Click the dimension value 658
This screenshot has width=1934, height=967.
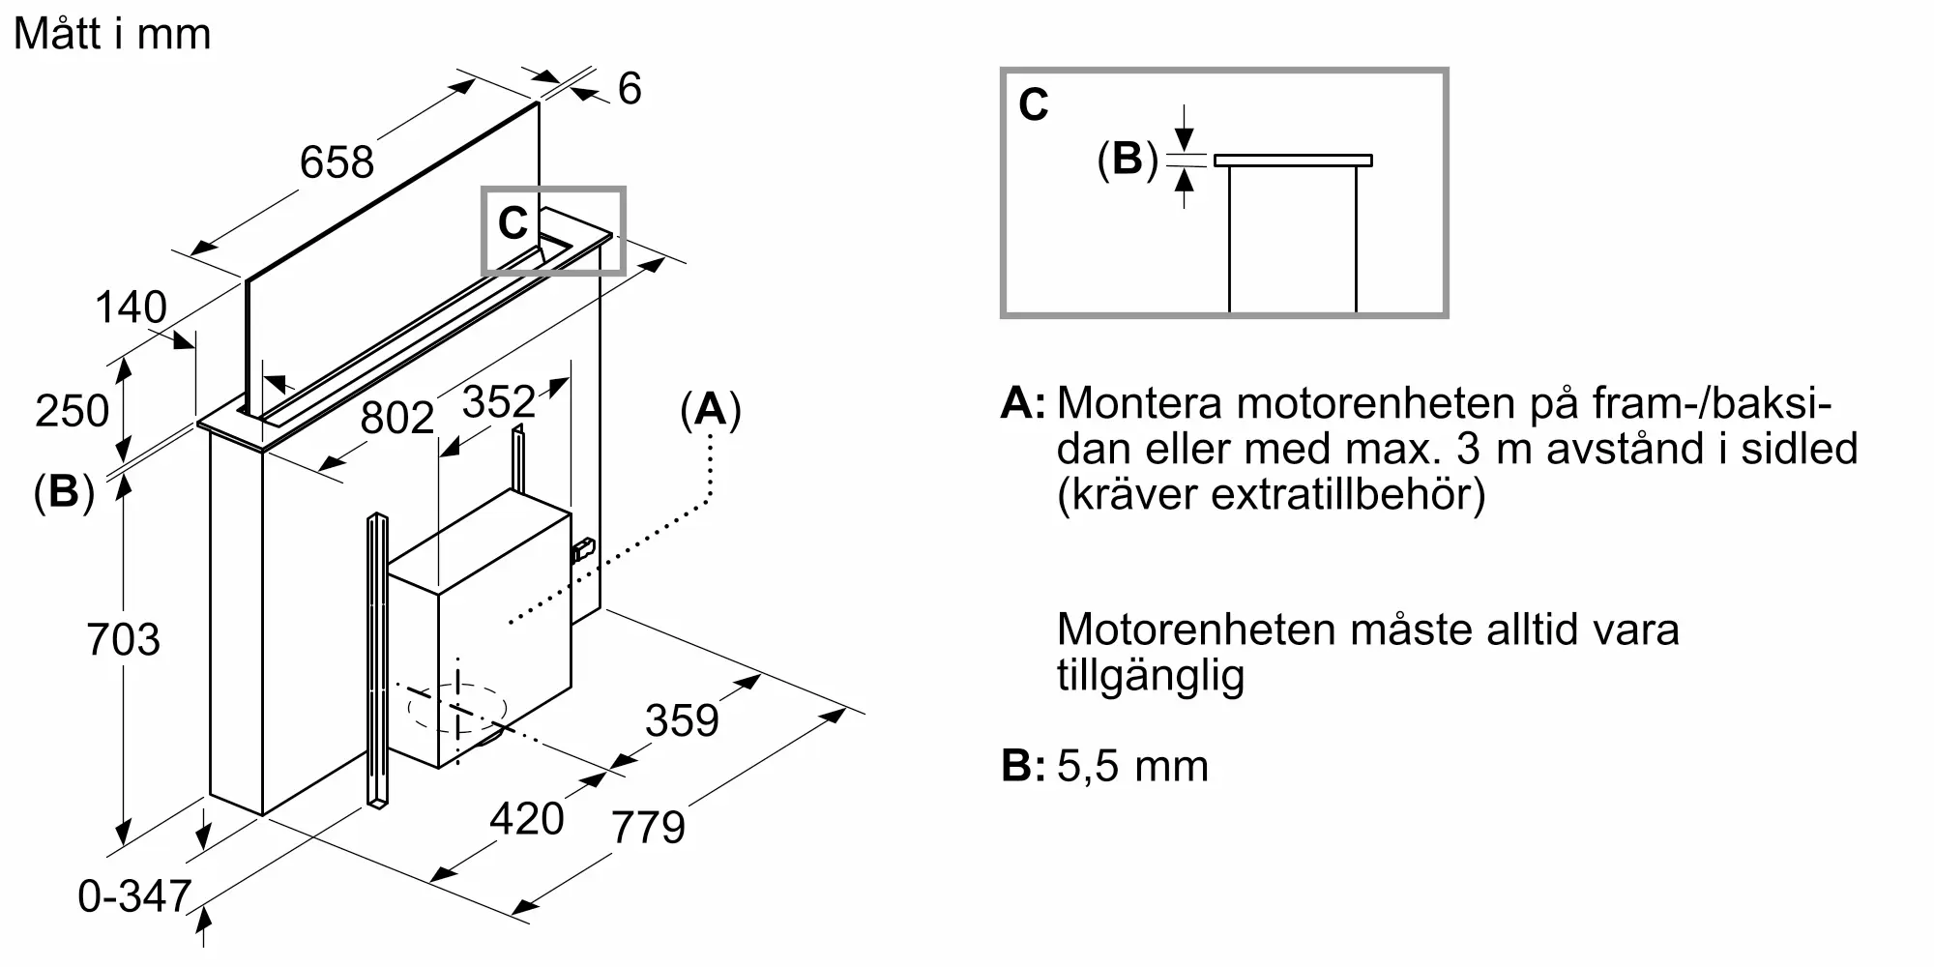pyautogui.click(x=337, y=161)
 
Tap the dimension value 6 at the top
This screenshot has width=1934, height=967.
pyautogui.click(x=630, y=89)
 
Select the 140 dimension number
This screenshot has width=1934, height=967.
pyautogui.click(x=131, y=308)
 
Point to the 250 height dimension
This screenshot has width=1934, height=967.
pyautogui.click(x=72, y=410)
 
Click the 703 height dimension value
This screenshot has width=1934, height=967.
pyautogui.click(x=123, y=639)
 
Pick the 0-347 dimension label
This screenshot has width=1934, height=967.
pyautogui.click(x=134, y=896)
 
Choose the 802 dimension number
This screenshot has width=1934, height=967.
pyautogui.click(x=396, y=418)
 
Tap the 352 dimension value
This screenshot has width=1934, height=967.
pyautogui.click(x=499, y=401)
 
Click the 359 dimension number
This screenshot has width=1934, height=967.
pyautogui.click(x=682, y=720)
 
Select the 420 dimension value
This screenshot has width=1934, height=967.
pyautogui.click(x=526, y=819)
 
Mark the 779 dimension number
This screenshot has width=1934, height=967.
pyautogui.click(x=648, y=827)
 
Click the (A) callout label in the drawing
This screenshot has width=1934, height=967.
pyautogui.click(x=711, y=410)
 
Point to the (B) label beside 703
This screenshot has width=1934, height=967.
pyautogui.click(x=64, y=491)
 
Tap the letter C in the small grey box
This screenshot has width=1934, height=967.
pyautogui.click(x=512, y=224)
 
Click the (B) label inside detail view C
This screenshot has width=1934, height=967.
pyautogui.click(x=1128, y=159)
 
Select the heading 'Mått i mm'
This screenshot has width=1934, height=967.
pyautogui.click(x=112, y=35)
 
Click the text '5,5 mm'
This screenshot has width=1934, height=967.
pyautogui.click(x=1132, y=766)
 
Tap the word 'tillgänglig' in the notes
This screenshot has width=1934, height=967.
pyautogui.click(x=1150, y=676)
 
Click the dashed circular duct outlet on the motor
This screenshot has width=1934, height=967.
pyautogui.click(x=456, y=708)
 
